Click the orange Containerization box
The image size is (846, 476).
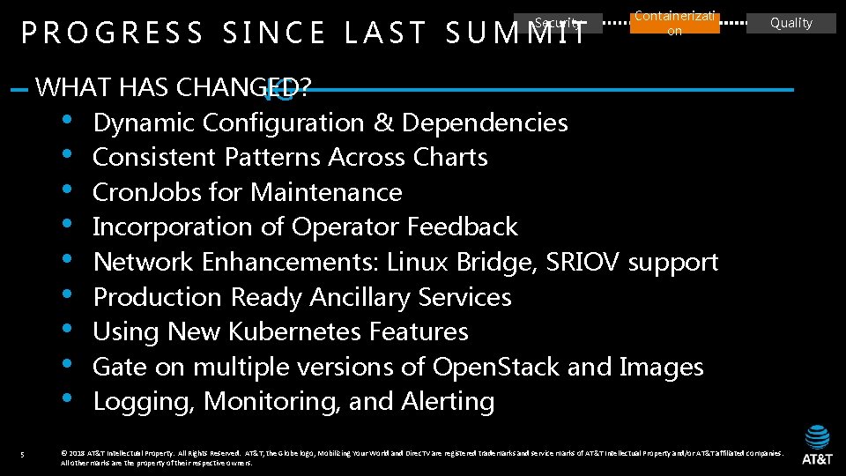click(674, 23)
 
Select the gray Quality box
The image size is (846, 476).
click(790, 23)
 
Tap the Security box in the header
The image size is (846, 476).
click(560, 23)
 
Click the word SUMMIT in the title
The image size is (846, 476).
click(516, 34)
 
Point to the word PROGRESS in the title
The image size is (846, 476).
click(112, 34)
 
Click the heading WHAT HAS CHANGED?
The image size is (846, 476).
click(173, 87)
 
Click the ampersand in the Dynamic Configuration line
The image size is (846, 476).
click(383, 123)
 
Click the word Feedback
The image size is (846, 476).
click(462, 227)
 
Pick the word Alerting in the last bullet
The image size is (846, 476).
click(448, 401)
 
